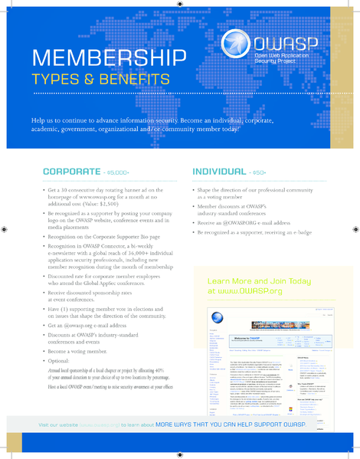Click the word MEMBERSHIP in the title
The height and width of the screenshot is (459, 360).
[109, 57]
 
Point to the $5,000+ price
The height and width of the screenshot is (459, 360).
[123, 173]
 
